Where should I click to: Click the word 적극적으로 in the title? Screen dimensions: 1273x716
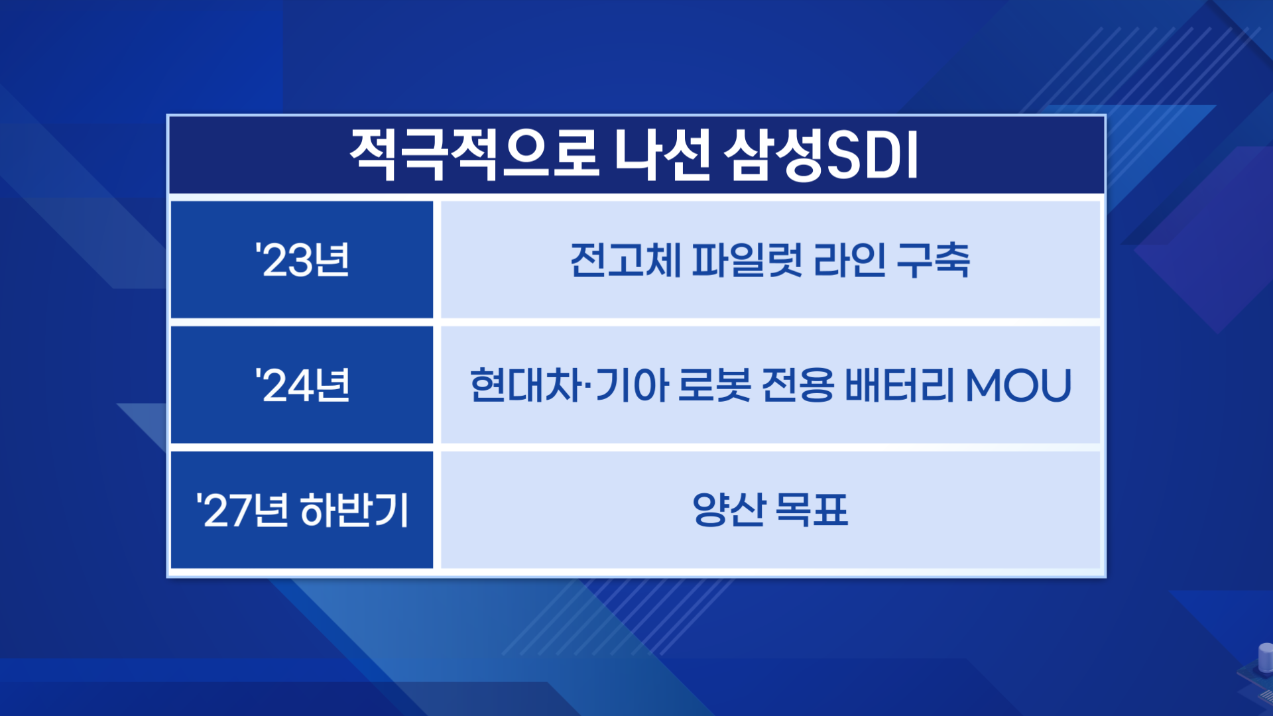475,155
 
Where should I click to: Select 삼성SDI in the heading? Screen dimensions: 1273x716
821,155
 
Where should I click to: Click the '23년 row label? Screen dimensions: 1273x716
302,260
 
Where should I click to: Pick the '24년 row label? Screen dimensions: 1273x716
302,385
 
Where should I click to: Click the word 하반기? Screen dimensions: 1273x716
355,510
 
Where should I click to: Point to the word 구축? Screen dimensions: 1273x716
933,260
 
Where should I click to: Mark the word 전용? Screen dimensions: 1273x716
798,385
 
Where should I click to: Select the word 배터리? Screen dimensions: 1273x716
900,385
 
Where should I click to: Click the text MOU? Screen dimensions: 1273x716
1018,385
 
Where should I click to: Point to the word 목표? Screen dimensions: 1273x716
812,510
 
